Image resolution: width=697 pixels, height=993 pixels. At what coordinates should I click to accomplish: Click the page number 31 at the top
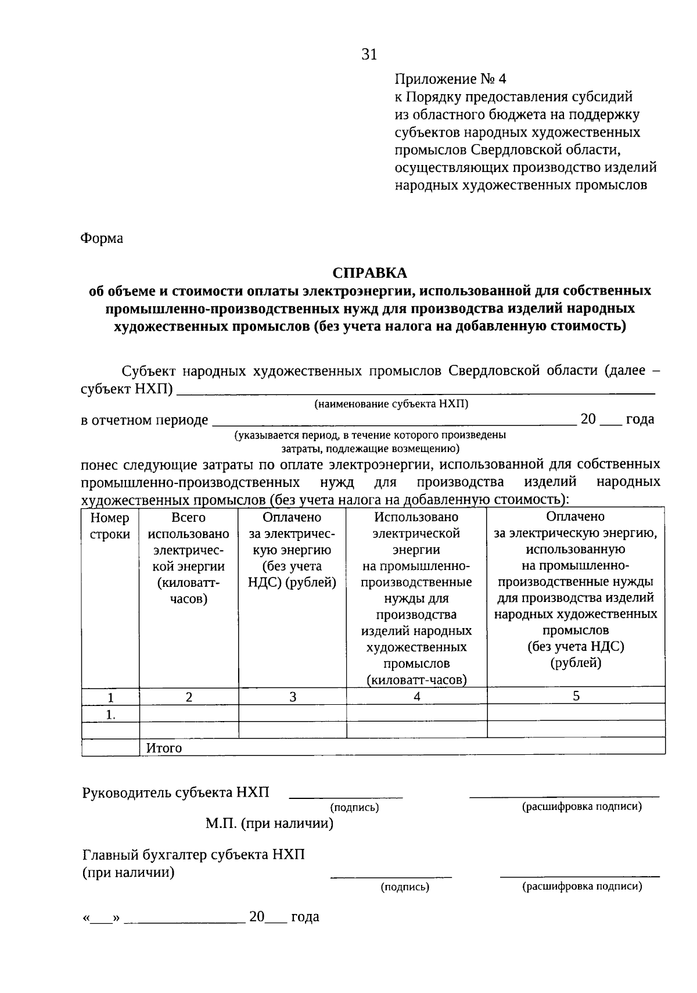(369, 55)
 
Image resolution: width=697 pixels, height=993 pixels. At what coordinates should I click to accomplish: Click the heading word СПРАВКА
(369, 273)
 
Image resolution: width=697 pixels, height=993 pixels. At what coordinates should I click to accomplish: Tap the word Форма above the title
(102, 238)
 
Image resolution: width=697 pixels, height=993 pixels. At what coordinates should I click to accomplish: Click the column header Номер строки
(110, 526)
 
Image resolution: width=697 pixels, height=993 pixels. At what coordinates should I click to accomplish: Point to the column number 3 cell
(293, 697)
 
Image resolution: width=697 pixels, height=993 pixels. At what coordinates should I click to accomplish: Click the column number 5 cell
(576, 696)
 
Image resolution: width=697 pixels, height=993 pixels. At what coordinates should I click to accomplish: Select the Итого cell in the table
(164, 748)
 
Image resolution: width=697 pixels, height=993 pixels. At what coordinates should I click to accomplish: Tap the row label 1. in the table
(110, 715)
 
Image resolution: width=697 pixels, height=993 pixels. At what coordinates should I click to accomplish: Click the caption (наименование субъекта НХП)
(391, 404)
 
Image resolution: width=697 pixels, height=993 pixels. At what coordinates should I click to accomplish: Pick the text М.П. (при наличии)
(270, 823)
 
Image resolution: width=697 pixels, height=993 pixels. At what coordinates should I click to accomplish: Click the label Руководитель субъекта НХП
(176, 793)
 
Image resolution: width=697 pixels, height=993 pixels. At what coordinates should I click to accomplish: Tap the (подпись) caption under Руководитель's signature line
(354, 807)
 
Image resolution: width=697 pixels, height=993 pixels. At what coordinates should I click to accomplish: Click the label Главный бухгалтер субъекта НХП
(193, 855)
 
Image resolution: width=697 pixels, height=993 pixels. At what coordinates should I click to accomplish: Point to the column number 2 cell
(189, 697)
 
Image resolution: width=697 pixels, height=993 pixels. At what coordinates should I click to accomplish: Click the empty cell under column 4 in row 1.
(416, 713)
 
